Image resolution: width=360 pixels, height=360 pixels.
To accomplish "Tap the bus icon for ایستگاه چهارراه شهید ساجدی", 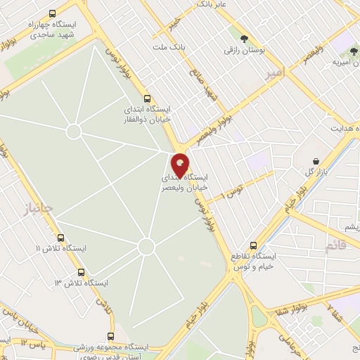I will tap(53, 13).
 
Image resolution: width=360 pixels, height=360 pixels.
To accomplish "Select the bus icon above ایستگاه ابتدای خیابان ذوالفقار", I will tap(146, 99).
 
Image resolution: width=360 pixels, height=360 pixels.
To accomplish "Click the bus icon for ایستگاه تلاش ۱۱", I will tap(60, 238).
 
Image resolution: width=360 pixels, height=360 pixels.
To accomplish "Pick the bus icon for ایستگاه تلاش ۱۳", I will tap(82, 272).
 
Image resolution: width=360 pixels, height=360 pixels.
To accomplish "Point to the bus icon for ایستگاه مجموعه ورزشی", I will tap(110, 337).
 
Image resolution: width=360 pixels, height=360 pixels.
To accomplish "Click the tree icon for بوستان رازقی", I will tap(244, 39).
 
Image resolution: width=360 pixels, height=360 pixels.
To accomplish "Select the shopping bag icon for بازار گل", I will tap(316, 161).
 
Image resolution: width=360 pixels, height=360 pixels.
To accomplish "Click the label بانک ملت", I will tap(167, 47).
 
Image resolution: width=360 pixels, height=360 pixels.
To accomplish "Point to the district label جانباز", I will tap(37, 208).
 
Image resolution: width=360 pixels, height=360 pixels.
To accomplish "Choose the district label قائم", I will tap(337, 245).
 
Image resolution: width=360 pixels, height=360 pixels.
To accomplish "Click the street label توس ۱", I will tap(231, 191).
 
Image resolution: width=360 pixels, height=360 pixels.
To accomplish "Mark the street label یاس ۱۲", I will tap(33, 343).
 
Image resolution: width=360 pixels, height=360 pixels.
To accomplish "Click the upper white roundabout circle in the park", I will tap(74, 131).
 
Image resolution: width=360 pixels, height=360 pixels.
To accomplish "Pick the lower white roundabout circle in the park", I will tap(146, 246).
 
